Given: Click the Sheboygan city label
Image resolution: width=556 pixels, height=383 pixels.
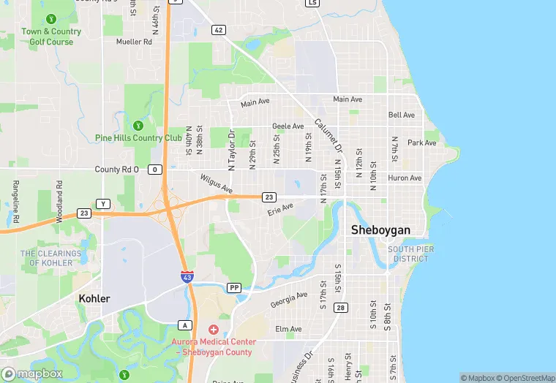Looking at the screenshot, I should point(380,230).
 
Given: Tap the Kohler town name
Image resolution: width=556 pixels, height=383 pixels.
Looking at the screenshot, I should point(94,299).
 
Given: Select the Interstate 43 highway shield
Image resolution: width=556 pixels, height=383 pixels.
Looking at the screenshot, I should point(187,276).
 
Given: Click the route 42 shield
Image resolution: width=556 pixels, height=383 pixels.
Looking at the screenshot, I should point(218,30).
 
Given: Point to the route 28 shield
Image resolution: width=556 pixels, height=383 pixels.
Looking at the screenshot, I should point(341,308).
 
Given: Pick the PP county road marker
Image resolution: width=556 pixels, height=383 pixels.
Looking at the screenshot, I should point(234,287).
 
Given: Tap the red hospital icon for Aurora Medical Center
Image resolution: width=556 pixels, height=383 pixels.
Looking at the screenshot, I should point(213,330).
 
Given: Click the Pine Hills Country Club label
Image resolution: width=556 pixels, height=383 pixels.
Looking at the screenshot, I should point(138,137).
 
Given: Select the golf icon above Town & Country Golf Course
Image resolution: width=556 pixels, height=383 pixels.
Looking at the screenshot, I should point(50,18).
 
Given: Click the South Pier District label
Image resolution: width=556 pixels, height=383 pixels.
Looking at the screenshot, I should point(411,254).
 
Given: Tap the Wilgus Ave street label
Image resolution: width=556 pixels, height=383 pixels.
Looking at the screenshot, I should point(216,183).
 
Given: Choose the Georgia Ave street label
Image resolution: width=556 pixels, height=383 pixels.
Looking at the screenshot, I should point(289,300).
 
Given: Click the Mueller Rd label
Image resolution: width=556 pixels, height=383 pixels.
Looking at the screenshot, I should point(134,42).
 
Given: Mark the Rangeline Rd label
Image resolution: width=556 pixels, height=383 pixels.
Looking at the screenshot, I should point(15,197).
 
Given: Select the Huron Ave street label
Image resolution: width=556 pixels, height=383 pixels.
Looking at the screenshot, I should point(405,178).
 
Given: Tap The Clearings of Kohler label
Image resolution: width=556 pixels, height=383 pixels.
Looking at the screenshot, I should point(51,258).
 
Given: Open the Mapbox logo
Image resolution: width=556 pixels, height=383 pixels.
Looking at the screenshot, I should point(32,373).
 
